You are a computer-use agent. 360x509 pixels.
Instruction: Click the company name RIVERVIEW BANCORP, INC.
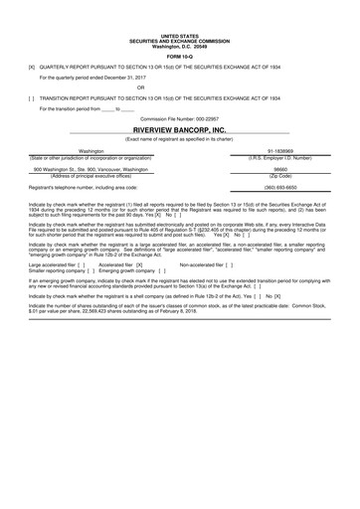179,130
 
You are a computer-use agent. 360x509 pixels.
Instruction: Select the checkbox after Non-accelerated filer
227,265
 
